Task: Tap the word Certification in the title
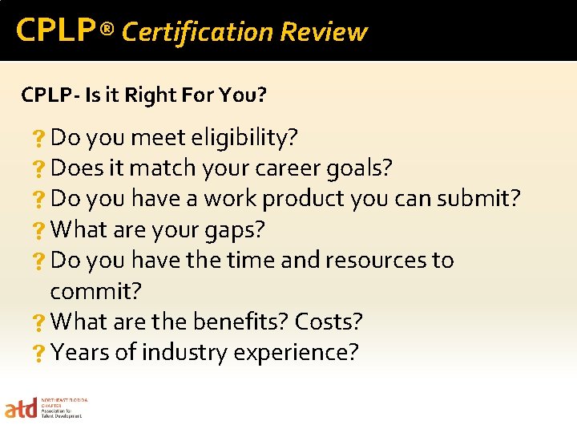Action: tap(197, 32)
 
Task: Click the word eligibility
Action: tap(244, 138)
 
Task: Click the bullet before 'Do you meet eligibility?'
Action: tap(38, 140)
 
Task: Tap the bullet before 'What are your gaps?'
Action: tap(38, 231)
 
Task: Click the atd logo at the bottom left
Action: tap(21, 409)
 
